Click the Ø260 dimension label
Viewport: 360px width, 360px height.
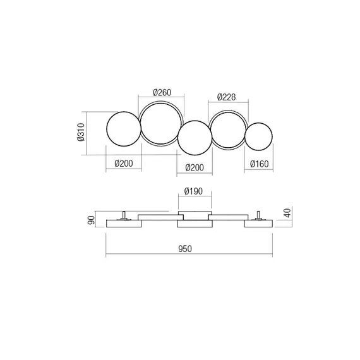[162, 93]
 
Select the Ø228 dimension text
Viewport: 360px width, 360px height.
[227, 97]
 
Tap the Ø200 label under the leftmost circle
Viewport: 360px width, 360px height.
[124, 164]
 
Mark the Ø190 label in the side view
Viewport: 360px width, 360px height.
[193, 191]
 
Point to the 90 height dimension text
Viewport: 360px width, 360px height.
[91, 220]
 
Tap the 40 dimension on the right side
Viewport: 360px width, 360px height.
[287, 213]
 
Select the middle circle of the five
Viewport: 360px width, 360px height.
[194, 138]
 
